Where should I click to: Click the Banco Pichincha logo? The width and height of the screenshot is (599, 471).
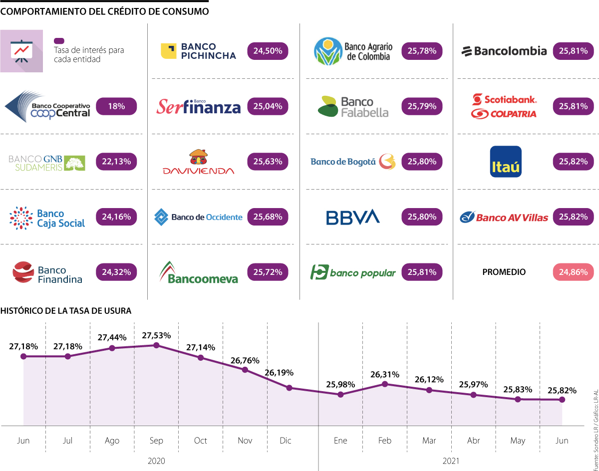(x=198, y=51)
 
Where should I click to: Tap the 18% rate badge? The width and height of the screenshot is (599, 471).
(x=116, y=106)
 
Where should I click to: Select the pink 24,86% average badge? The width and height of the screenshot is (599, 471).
(x=574, y=272)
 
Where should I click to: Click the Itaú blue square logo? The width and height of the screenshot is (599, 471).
(x=506, y=162)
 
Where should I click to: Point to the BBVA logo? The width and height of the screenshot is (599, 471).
(x=353, y=217)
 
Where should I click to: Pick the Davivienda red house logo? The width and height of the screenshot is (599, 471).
(x=198, y=162)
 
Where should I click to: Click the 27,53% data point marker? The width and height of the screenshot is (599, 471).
(x=156, y=345)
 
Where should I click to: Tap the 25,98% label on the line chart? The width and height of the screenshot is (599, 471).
(x=340, y=384)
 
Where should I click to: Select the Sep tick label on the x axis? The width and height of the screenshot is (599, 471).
(x=156, y=441)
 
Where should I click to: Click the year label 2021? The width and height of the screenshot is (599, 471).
(x=451, y=461)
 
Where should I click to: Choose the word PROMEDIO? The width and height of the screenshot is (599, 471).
(x=504, y=272)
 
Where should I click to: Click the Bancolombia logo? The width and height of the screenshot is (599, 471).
(x=504, y=51)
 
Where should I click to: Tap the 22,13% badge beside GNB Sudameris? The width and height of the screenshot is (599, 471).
(x=116, y=162)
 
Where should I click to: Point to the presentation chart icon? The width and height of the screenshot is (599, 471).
(x=21, y=51)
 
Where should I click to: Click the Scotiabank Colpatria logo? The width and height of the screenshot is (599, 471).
(x=504, y=106)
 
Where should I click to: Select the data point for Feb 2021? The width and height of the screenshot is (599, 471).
(x=385, y=384)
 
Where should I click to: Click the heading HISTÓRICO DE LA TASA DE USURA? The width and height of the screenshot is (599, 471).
(x=66, y=310)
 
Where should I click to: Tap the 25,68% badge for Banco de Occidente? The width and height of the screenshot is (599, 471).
(x=268, y=217)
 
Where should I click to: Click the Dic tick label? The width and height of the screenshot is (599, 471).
(x=286, y=441)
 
